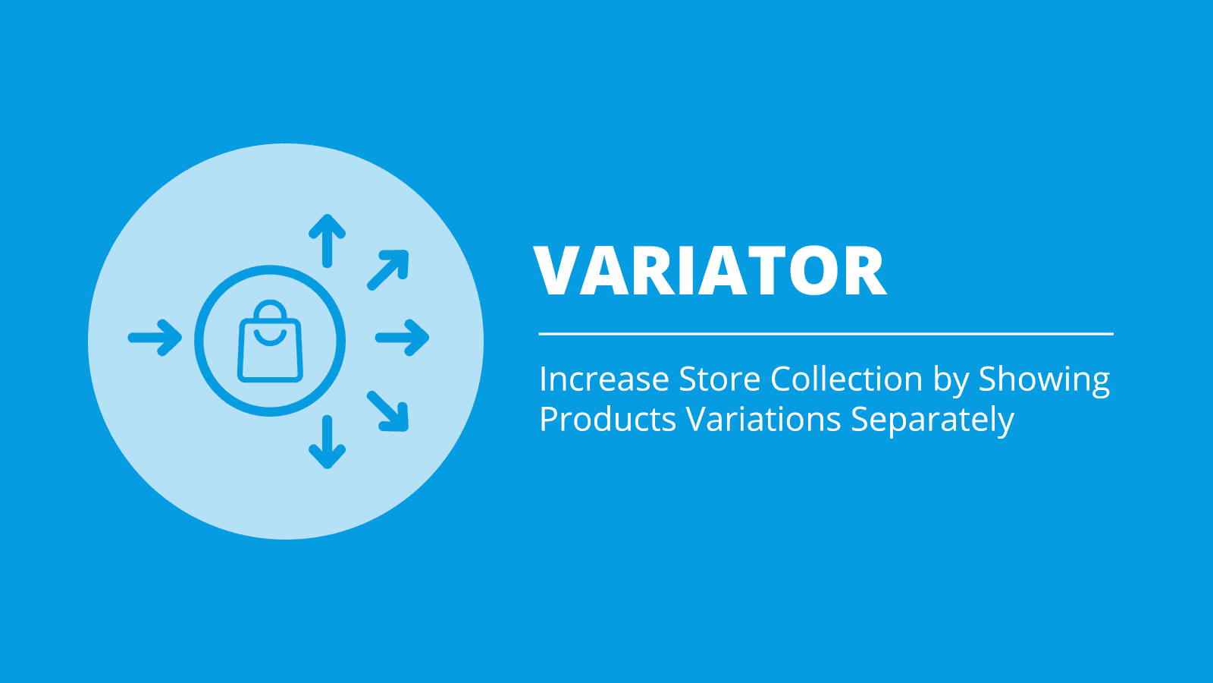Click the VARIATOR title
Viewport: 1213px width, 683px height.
pyautogui.click(x=710, y=270)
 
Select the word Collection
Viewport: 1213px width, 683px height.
pyautogui.click(x=846, y=379)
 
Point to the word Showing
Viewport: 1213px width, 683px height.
pyautogui.click(x=1044, y=380)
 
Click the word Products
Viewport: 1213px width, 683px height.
pyautogui.click(x=608, y=420)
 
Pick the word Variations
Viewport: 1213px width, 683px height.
pyautogui.click(x=764, y=420)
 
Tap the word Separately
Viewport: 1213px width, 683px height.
pyautogui.click(x=932, y=421)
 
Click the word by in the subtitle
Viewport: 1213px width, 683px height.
pyautogui.click(x=951, y=380)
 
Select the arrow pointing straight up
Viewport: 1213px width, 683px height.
pyautogui.click(x=327, y=241)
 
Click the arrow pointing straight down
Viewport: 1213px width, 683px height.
pyautogui.click(x=327, y=442)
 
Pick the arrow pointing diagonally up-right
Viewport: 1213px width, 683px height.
pyautogui.click(x=388, y=270)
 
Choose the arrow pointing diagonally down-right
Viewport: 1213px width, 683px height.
pyautogui.click(x=388, y=411)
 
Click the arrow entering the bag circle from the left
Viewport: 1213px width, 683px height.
pyautogui.click(x=155, y=338)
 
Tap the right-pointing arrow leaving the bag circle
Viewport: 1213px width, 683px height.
pyautogui.click(x=403, y=338)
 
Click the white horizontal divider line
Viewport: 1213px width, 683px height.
pyautogui.click(x=826, y=334)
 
